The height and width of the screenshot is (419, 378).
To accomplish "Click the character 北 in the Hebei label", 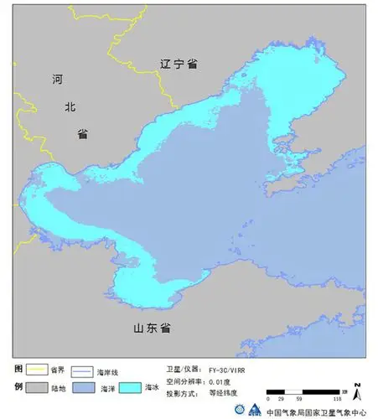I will [70, 107].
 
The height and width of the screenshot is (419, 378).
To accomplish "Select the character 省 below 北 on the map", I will [82, 134].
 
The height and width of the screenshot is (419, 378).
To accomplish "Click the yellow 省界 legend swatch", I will [36, 370].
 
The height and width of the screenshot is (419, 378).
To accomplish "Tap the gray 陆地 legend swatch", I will [36, 388].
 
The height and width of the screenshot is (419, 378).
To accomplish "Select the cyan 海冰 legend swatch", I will [131, 388].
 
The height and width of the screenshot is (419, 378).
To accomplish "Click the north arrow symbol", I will [358, 391].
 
